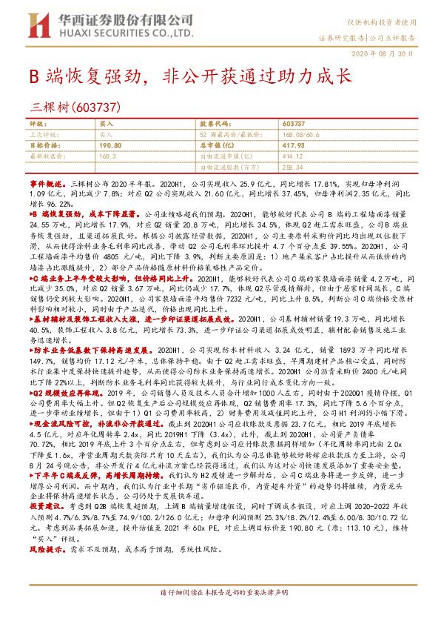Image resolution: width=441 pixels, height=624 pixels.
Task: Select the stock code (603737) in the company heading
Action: (94, 106)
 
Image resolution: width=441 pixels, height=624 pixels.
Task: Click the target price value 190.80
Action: (110, 146)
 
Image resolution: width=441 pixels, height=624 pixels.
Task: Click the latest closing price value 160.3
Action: (108, 157)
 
